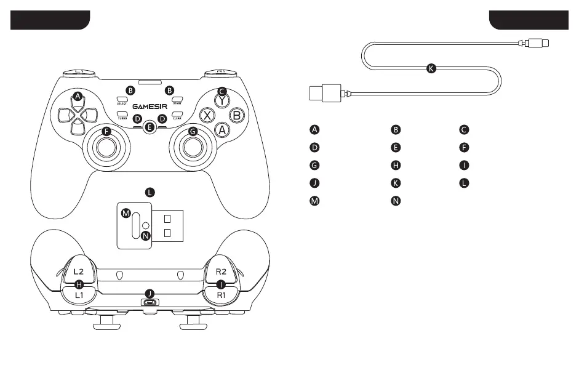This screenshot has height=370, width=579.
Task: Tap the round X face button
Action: coord(209,115)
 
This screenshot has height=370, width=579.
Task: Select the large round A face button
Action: coord(223,130)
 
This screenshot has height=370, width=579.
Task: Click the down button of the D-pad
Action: coord(77,126)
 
